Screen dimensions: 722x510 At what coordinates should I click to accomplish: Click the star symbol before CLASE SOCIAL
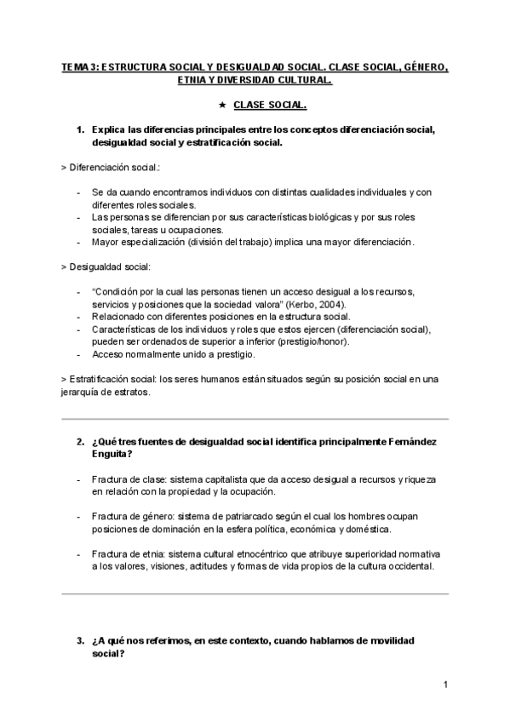[x=222, y=105]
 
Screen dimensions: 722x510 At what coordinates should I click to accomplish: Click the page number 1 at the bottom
[x=444, y=685]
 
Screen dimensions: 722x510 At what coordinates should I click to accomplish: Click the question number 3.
[x=79, y=640]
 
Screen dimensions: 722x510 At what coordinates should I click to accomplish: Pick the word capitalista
[x=231, y=480]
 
